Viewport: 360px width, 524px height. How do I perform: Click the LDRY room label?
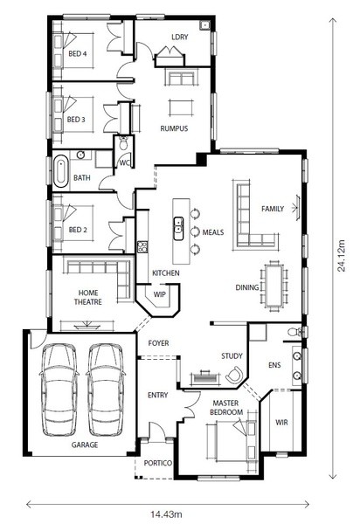[180, 37]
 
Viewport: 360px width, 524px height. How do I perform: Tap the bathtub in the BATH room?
[60, 170]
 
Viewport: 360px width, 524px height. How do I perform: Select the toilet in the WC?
[123, 143]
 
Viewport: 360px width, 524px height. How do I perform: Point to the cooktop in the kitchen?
[142, 246]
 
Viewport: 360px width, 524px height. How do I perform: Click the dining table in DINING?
[274, 286]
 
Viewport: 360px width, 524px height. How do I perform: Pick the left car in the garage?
[59, 390]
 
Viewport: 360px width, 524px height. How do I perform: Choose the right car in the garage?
[106, 390]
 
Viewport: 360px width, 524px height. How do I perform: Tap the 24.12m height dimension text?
[341, 256]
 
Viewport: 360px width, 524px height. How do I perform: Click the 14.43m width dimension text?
[166, 514]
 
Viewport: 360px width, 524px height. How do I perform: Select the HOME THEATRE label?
[88, 297]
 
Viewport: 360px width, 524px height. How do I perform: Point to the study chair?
[234, 375]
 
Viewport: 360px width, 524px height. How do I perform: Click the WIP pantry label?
[159, 294]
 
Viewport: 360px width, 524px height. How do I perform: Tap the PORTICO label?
[158, 463]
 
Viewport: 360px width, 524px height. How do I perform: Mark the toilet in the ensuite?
[295, 332]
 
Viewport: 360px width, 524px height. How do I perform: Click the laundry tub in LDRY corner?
[204, 25]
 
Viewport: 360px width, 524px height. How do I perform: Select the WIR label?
[281, 423]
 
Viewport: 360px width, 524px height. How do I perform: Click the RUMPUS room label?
[174, 128]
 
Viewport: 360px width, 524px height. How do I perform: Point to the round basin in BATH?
[80, 155]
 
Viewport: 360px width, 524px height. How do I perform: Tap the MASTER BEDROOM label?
[226, 408]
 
